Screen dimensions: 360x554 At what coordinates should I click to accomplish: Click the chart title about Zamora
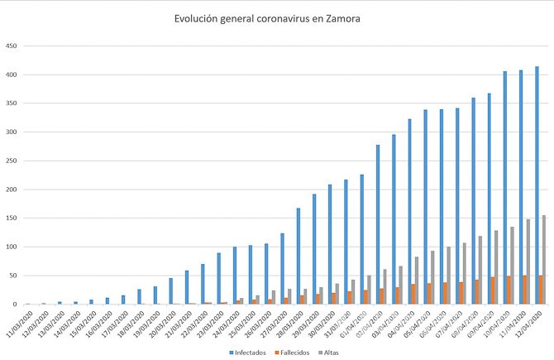267,17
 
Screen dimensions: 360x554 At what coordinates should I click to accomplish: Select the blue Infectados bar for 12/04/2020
537,186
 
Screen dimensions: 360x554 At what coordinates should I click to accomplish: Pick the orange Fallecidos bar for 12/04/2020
540,290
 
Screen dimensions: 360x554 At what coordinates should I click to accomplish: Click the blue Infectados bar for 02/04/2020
378,225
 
